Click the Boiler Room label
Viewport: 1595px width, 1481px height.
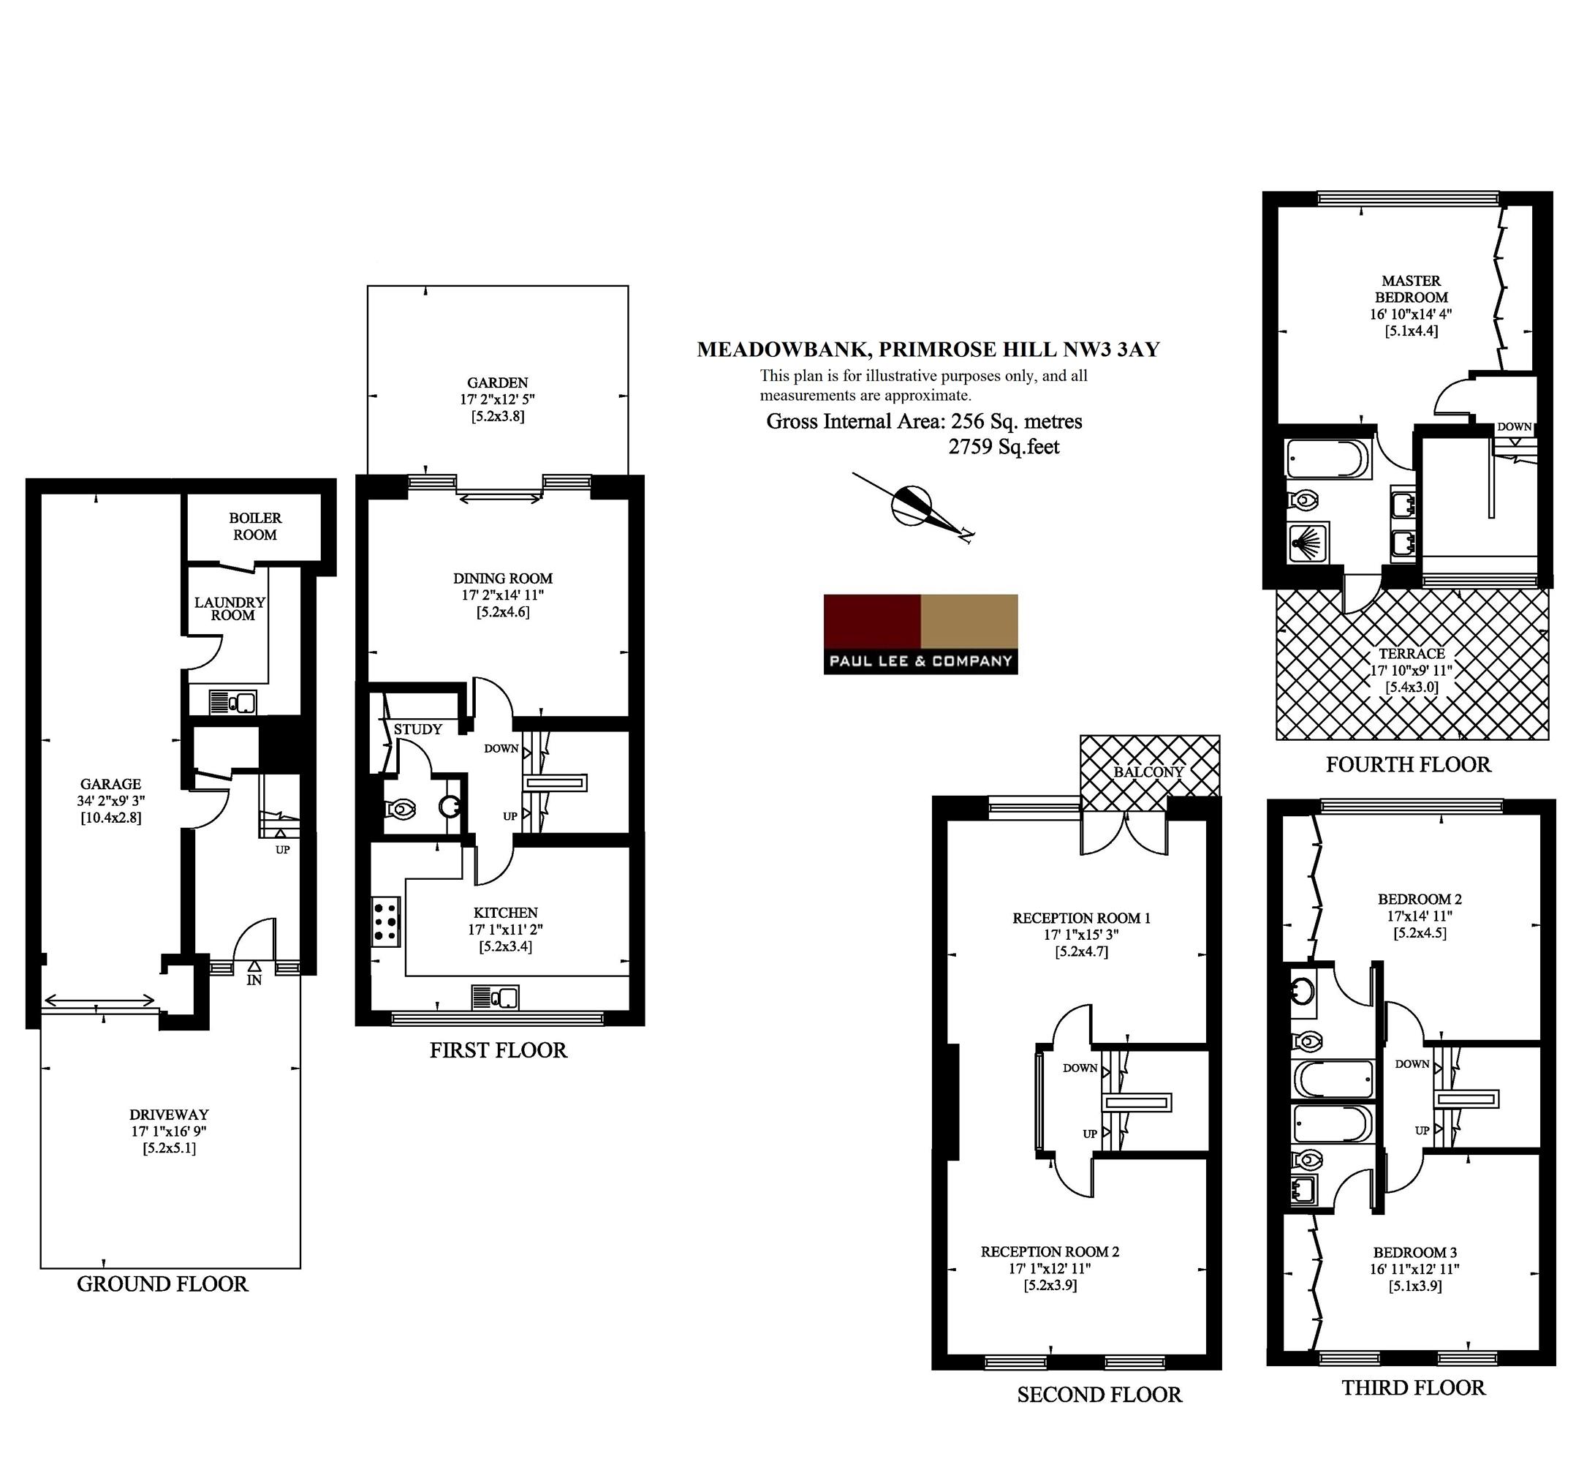(255, 526)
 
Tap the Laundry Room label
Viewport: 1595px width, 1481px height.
(230, 608)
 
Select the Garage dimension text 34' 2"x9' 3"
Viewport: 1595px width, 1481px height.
(110, 800)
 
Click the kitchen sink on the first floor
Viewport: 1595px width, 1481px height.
(495, 997)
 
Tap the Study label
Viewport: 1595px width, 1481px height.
(417, 729)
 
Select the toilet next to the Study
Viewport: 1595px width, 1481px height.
(402, 809)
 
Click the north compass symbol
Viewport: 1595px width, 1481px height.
(913, 508)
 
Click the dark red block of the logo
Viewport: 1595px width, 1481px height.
(872, 621)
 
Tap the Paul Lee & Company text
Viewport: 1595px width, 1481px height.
(920, 661)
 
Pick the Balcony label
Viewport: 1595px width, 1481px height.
(1148, 772)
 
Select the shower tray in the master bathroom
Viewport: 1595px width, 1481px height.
(1308, 543)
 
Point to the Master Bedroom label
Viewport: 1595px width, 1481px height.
(1411, 288)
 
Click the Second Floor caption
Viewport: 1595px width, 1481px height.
(1099, 1395)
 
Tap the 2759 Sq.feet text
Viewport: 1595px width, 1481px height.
(1004, 446)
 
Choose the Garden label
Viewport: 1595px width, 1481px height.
(498, 383)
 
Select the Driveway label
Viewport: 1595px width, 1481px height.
(169, 1115)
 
